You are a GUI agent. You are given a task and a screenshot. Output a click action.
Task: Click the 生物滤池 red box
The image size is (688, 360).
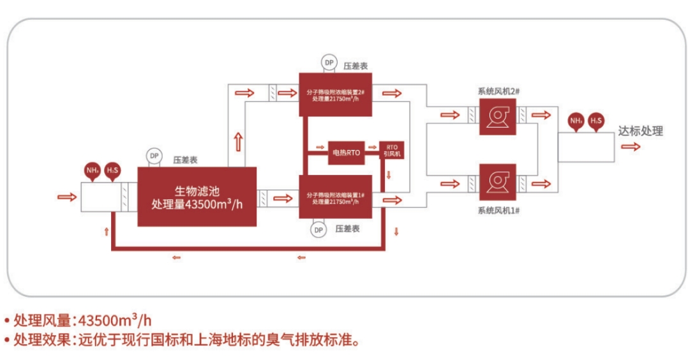pyautogui.click(x=197, y=197)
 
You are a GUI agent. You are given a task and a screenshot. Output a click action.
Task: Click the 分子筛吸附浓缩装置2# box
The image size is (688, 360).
pyautogui.click(x=336, y=94)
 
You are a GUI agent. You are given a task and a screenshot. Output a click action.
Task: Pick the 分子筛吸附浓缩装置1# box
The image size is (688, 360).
pyautogui.click(x=336, y=198)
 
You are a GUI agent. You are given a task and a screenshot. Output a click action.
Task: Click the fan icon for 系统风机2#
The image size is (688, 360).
pyautogui.click(x=497, y=115)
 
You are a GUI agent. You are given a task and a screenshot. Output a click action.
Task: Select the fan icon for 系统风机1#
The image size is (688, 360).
pyautogui.click(x=497, y=183)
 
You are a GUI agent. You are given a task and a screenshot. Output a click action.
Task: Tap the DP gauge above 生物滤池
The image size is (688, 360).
pyautogui.click(x=154, y=155)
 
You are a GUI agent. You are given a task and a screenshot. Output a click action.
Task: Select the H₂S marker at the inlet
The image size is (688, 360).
pyautogui.click(x=112, y=171)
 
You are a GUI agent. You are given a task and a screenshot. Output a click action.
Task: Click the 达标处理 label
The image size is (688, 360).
pyautogui.click(x=640, y=131)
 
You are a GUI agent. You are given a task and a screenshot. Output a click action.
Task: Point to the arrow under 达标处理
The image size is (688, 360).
pyautogui.click(x=631, y=146)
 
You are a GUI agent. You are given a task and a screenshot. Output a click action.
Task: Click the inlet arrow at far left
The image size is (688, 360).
pyautogui.click(x=66, y=196)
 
